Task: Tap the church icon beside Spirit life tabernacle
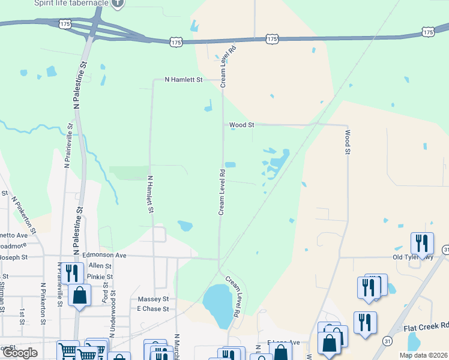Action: (118, 3)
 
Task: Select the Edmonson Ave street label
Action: (104, 255)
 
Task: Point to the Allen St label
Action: (96, 265)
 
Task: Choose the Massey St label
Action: (153, 299)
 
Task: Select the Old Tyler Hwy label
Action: (413, 257)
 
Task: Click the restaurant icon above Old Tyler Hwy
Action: (422, 244)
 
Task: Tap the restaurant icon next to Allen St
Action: (71, 273)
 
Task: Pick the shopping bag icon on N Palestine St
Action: (80, 295)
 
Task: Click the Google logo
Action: (19, 353)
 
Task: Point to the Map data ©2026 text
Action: (423, 355)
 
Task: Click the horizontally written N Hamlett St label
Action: (184, 79)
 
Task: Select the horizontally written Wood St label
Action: (242, 125)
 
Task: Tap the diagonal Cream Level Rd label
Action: (233, 297)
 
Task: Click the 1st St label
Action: (22, 317)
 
